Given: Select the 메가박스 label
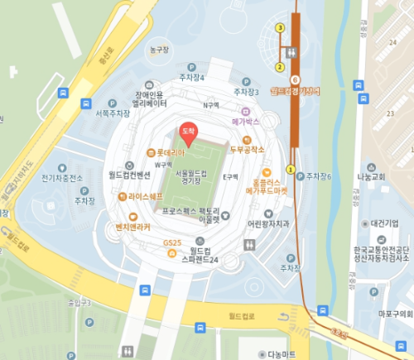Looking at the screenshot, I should (x=247, y=122).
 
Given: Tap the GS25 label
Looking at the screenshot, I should (x=172, y=242).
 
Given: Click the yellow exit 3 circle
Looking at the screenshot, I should (x=280, y=28).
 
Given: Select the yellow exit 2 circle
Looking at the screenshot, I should (x=280, y=66).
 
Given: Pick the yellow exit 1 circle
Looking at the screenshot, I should (x=290, y=169).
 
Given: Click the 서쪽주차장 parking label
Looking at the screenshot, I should (x=113, y=113).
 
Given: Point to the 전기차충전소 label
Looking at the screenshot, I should (x=63, y=178).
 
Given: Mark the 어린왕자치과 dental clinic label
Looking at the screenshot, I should (x=268, y=223).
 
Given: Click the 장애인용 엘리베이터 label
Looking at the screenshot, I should (x=150, y=99).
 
